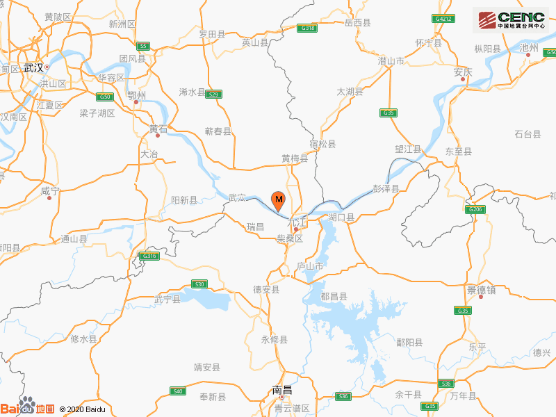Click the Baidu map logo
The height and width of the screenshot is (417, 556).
pos(28,407)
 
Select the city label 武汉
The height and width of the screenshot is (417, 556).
pos(33,67)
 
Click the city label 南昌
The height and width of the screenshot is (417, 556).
pos(282,390)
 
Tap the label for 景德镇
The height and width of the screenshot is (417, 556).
pos(481,289)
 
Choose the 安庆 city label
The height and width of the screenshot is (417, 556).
pos(463,72)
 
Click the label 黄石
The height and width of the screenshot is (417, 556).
pos(158,128)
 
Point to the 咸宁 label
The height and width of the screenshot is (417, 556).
pos(50,190)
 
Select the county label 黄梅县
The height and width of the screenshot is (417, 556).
pos(295,158)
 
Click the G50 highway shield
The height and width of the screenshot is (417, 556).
pos(105,97)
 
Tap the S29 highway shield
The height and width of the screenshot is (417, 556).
pos(214,94)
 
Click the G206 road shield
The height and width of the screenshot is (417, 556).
pos(475,209)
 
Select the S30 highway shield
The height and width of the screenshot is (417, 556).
pos(199,284)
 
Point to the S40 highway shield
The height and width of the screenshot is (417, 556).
pos(177,391)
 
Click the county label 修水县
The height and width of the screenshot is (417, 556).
pos(84,339)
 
